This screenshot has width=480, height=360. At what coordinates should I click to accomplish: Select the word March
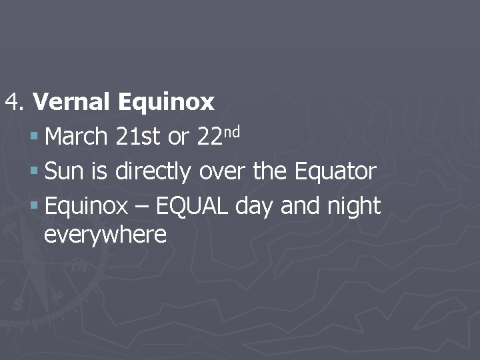(x=76, y=137)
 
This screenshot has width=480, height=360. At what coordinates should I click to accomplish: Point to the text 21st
(x=138, y=137)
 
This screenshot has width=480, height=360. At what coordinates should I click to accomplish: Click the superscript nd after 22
(x=231, y=130)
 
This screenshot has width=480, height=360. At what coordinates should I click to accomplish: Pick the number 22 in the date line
(x=210, y=137)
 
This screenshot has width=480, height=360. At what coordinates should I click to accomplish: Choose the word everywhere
(x=105, y=235)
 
